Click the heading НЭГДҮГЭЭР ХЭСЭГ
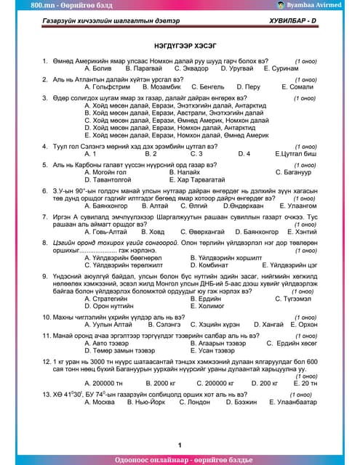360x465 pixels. [x=179, y=45]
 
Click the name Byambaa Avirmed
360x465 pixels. [x=325, y=5]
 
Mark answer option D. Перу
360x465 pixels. [x=248, y=86]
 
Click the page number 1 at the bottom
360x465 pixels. [x=179, y=444]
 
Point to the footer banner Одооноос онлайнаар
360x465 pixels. [x=179, y=459]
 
